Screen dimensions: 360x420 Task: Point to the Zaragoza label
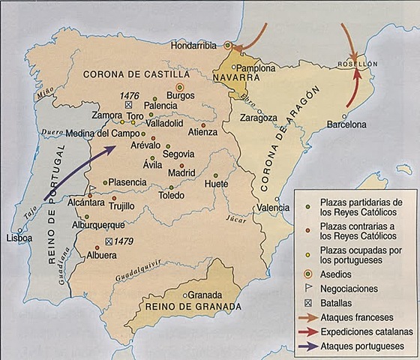pos(259,118)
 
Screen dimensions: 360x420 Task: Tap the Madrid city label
pos(181,172)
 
